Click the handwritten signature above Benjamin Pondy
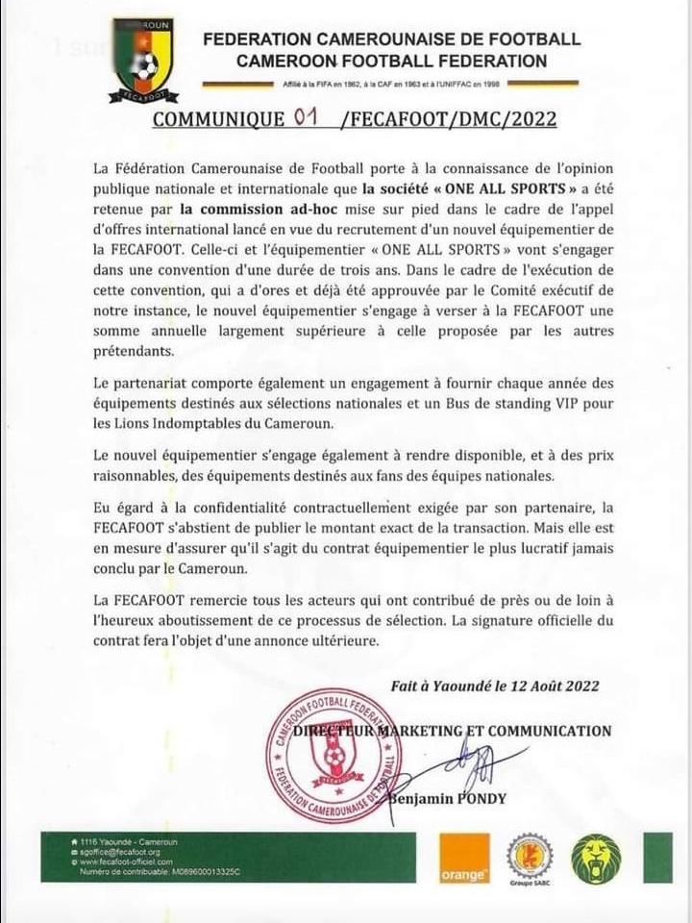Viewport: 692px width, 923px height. click(x=478, y=766)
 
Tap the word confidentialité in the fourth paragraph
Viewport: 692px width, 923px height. click(x=230, y=506)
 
